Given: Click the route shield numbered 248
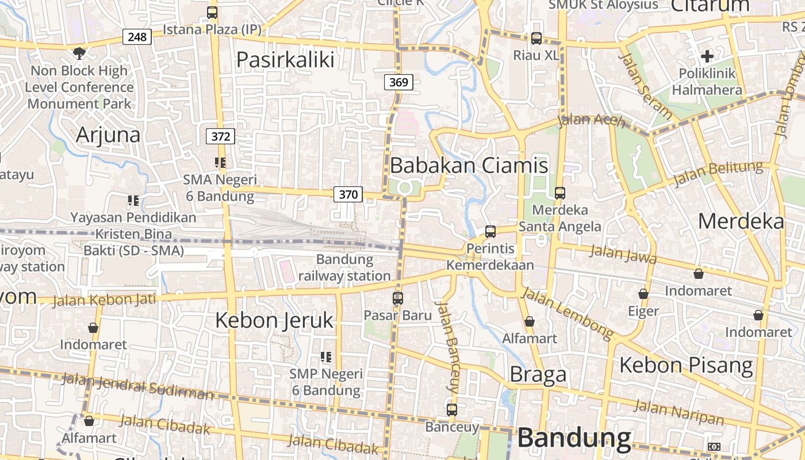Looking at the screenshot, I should click(137, 37).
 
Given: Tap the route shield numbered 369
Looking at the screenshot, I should click(398, 82).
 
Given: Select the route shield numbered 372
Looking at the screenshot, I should click(221, 136).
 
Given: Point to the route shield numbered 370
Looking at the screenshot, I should click(348, 194).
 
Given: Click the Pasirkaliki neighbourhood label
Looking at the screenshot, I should click(285, 60).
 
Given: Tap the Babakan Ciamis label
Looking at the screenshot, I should click(469, 166).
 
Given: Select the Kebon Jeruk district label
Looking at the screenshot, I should click(274, 320).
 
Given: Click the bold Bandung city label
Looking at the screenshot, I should click(574, 438).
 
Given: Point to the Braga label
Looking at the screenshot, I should click(538, 374).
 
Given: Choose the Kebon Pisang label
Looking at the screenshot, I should click(686, 365).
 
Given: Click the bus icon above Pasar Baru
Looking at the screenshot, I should click(398, 298).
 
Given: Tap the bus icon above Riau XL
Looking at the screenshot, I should click(536, 39).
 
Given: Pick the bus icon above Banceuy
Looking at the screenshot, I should click(452, 410).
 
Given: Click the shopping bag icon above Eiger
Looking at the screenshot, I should click(643, 294).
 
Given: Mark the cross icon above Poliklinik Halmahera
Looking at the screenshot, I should click(707, 56).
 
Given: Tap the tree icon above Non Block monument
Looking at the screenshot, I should click(79, 53).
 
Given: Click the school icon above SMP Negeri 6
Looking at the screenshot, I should click(326, 357).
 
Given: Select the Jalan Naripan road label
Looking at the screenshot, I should click(678, 413).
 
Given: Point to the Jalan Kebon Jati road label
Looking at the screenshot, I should click(104, 300).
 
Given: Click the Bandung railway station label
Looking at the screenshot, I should click(344, 268).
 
